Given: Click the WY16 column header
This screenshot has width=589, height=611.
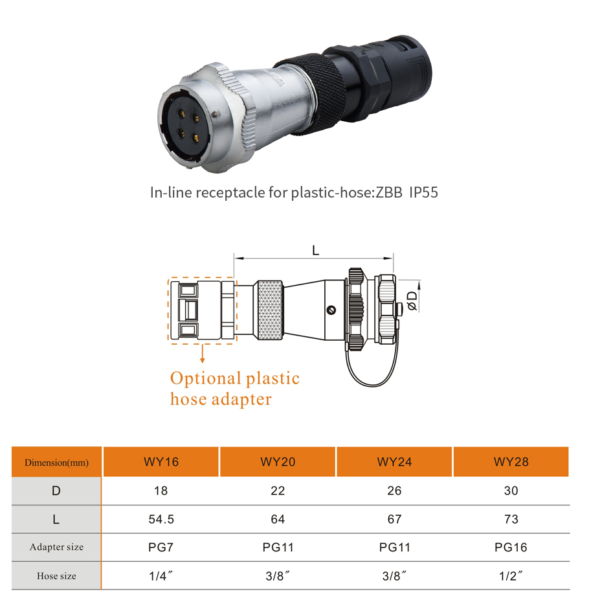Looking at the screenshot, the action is [161, 462].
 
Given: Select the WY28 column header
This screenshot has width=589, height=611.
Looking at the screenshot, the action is [511, 462].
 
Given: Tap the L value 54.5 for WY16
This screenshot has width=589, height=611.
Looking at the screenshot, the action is [161, 519].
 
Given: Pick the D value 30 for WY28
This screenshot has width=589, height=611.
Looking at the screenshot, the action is [511, 490].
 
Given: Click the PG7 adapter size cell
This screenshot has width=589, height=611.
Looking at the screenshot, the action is [161, 547].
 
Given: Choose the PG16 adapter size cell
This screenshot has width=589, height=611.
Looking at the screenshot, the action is [511, 547].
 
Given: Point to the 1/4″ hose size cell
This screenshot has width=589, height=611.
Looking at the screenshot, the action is [161, 575].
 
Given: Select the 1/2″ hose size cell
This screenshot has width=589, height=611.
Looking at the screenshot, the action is [511, 575].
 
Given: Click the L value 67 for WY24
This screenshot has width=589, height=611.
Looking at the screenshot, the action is [394, 519].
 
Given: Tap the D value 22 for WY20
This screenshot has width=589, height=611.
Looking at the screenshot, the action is [278, 490].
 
